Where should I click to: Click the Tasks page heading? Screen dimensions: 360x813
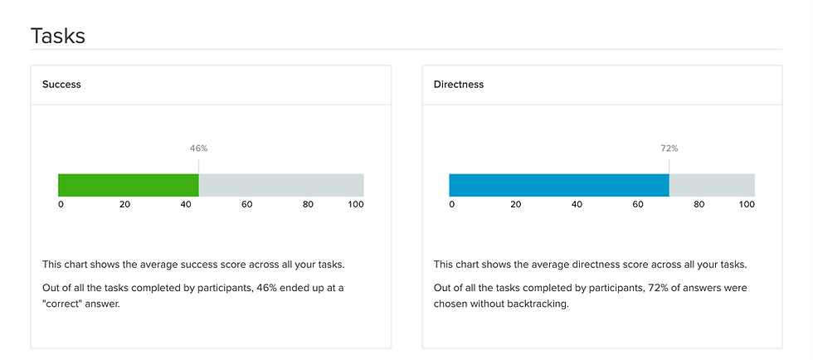click(58, 36)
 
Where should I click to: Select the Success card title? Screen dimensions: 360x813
click(61, 85)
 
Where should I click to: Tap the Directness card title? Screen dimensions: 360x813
click(459, 85)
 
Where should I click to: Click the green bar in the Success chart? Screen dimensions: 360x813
click(129, 185)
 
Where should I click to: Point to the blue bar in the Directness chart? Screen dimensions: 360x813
click(558, 185)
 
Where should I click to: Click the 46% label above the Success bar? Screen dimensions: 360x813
click(198, 148)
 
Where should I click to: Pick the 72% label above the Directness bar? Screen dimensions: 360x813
click(669, 148)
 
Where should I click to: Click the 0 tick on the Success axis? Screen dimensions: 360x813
click(61, 204)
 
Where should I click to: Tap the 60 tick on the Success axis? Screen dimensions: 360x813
click(246, 204)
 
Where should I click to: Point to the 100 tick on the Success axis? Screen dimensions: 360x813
click(356, 204)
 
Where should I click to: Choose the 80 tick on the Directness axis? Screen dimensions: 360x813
click(699, 204)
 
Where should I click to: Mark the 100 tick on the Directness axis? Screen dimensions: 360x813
click(747, 204)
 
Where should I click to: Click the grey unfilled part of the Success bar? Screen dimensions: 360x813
click(280, 185)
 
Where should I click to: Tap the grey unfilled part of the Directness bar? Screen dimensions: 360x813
click(712, 185)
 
